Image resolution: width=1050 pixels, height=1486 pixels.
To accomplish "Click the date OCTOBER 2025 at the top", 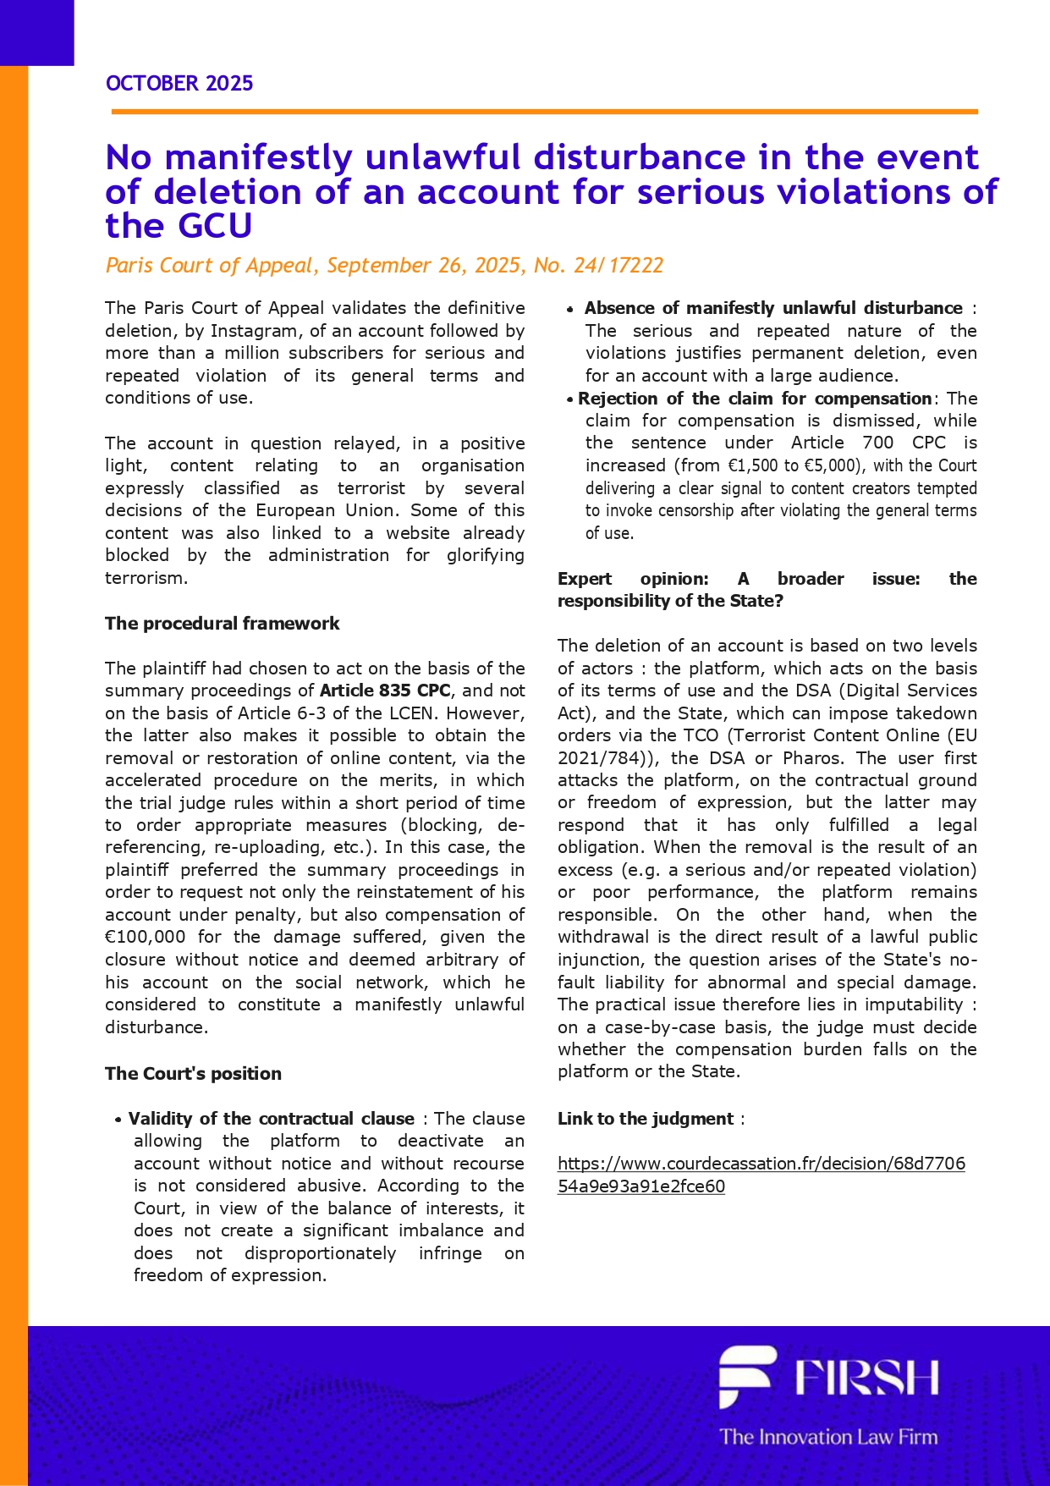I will pos(179,83).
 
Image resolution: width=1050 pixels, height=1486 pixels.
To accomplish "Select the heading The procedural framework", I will pos(222,624).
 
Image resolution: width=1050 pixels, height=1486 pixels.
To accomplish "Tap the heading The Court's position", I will pos(193,1074).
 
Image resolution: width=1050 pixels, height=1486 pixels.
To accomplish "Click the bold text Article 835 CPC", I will pos(385,691).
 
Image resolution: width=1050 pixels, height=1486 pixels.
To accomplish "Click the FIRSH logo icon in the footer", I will pos(746,1375).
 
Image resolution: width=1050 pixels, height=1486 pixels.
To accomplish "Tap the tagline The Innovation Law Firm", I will pos(828,1437).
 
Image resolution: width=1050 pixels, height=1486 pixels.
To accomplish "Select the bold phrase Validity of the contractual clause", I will pos(272,1119).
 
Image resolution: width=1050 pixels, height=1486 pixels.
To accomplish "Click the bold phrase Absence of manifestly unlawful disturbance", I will pos(773,308).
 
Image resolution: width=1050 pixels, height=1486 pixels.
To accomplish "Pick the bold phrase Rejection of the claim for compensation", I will pos(755,399).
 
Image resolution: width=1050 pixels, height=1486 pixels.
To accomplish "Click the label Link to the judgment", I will pos(646,1119).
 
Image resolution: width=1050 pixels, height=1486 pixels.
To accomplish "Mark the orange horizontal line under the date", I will pos(544,111).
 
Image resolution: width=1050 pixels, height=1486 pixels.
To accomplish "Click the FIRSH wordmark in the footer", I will pos(866,1378).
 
